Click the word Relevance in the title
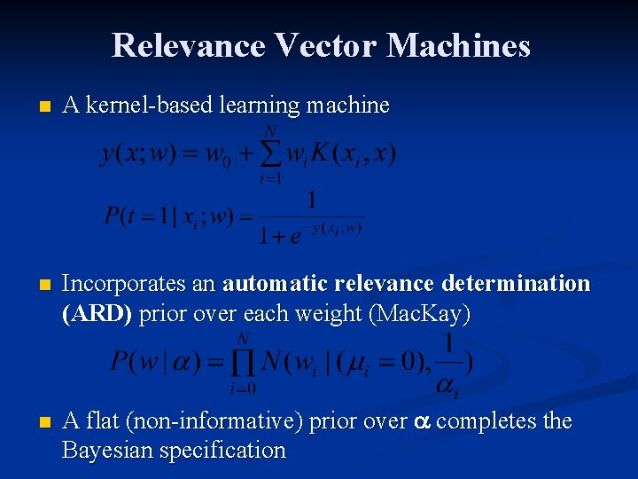pyautogui.click(x=188, y=45)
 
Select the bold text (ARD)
pyautogui.click(x=98, y=313)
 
